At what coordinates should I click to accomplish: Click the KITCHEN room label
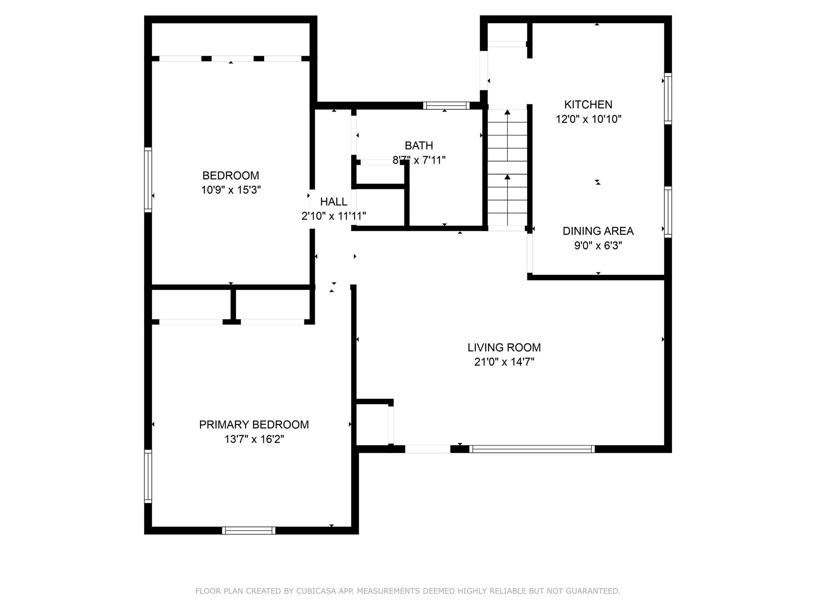[588, 104]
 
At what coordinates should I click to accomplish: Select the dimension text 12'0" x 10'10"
[588, 119]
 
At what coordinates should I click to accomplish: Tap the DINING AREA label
[598, 231]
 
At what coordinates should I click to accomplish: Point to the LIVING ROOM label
[504, 347]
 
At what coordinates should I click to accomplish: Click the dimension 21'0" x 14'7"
[504, 362]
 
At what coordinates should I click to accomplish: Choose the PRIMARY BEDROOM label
[254, 425]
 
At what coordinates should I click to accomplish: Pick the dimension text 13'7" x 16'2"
[254, 439]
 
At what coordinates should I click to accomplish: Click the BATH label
[419, 145]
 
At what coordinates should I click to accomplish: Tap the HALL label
[333, 202]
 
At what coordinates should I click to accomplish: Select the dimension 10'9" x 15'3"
[231, 190]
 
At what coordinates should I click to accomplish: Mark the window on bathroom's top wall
[446, 106]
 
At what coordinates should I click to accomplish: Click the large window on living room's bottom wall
[532, 449]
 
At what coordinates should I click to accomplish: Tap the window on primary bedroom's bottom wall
[249, 530]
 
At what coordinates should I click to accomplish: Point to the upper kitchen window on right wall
[668, 98]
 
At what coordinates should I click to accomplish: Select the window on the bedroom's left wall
[148, 179]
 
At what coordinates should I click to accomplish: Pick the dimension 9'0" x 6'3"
[598, 246]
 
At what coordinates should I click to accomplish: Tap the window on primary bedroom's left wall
[148, 476]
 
